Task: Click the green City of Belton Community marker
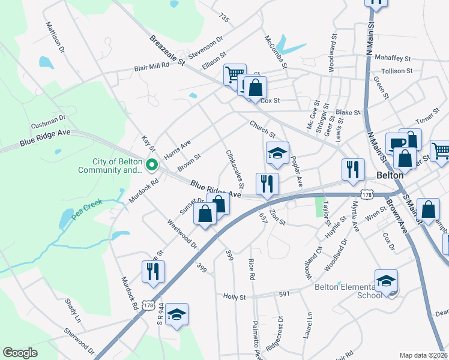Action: tap(152, 163)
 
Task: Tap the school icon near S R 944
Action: tap(176, 314)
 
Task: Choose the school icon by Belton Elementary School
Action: tap(386, 281)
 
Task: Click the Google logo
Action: tap(20, 353)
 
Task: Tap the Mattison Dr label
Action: tap(55, 37)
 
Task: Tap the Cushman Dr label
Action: tap(48, 124)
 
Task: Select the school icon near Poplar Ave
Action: tap(277, 154)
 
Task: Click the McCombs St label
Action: tap(276, 51)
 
